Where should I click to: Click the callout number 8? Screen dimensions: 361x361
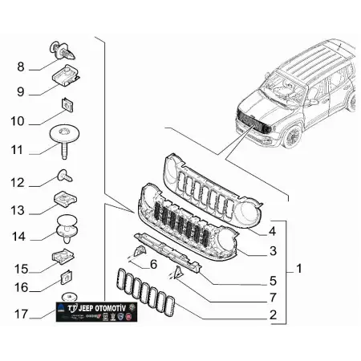coord(21,67)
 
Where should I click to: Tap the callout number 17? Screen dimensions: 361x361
coord(22,313)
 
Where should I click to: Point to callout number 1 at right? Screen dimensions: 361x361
coord(298,270)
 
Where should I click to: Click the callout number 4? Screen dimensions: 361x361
coord(273,231)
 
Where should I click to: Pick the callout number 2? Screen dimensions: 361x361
coord(273,315)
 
